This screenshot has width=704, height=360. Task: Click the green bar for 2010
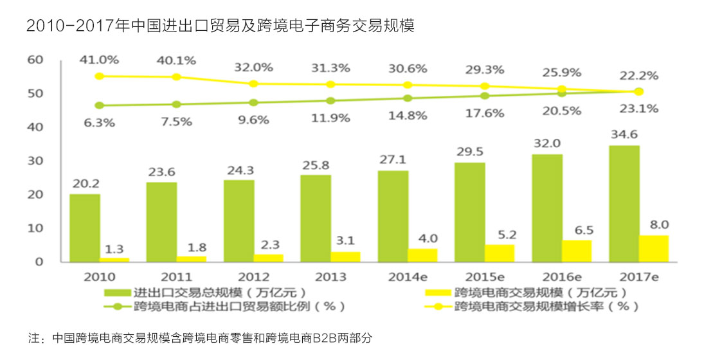point(84,228)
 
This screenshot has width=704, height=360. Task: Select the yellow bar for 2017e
point(653,249)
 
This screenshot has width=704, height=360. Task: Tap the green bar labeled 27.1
point(393,216)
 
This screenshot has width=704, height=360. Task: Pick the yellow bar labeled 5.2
point(500,253)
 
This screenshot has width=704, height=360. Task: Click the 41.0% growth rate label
point(99,60)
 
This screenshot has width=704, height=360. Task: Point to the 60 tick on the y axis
point(35,60)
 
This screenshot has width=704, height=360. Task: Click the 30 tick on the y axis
point(35,161)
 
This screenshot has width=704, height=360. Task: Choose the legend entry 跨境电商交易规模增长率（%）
point(540,307)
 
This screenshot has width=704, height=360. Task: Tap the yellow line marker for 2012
point(253,84)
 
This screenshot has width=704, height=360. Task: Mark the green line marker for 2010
point(99,105)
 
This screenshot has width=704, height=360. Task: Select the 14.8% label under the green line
point(408,116)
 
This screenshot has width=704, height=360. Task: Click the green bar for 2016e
point(547,208)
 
